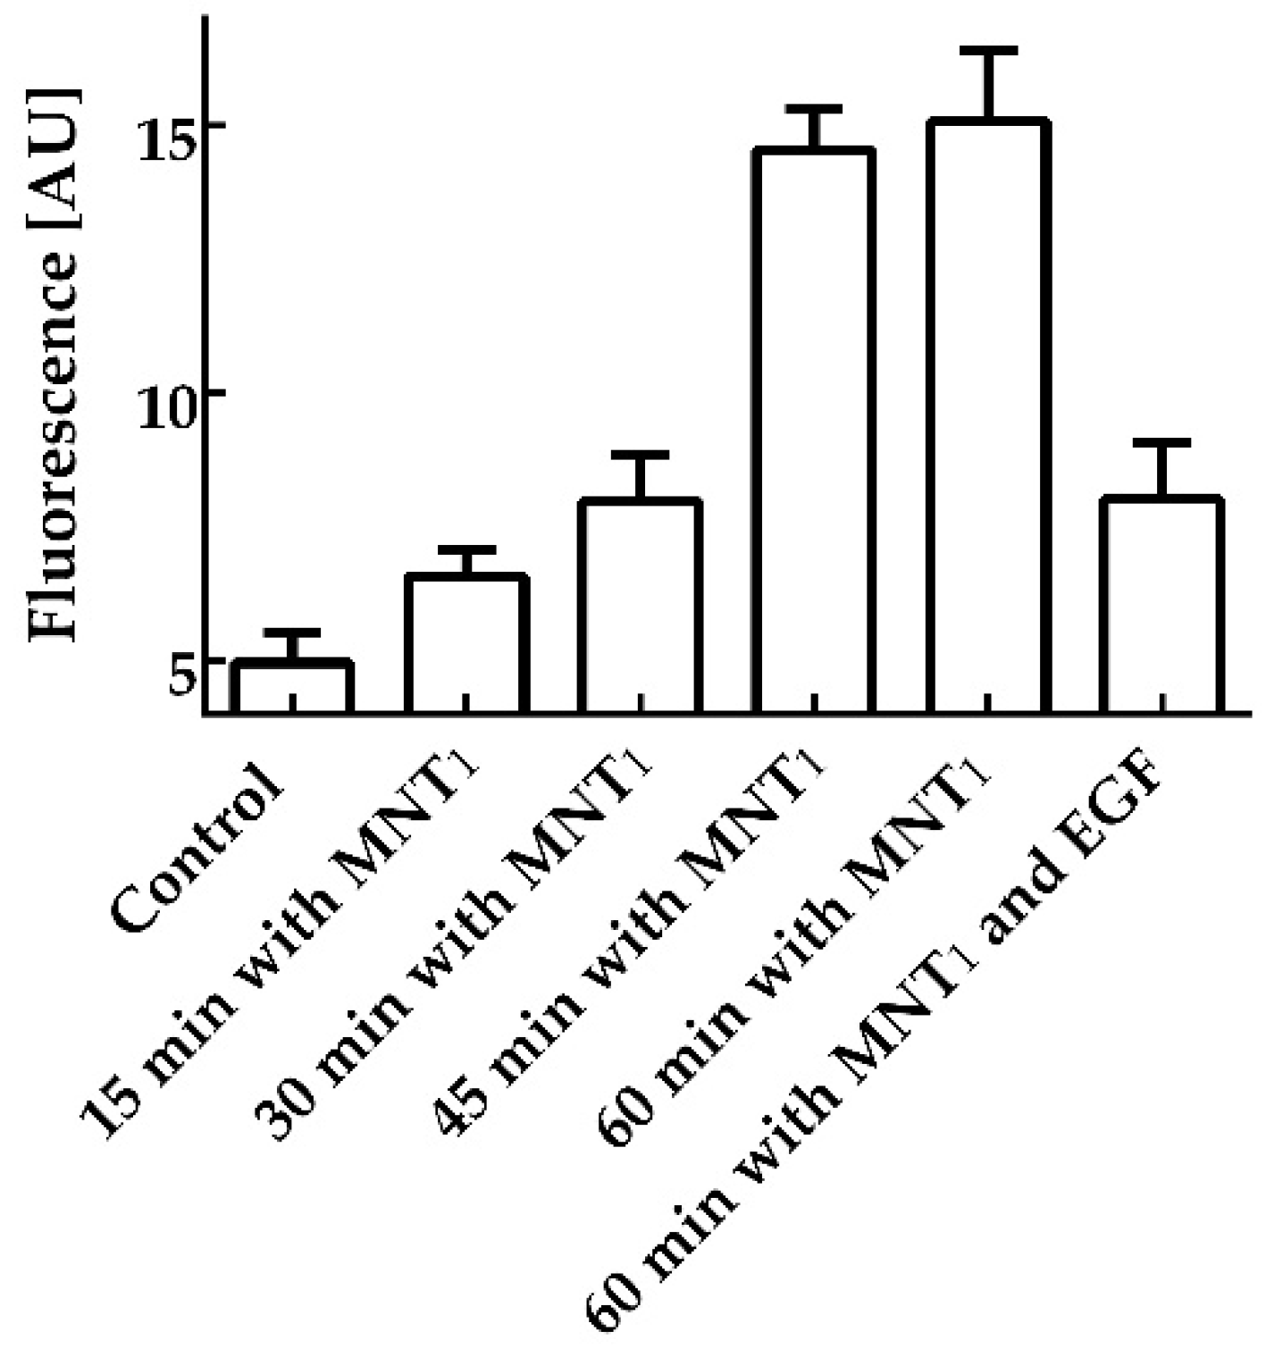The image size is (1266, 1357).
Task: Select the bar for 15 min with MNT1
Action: tap(466, 643)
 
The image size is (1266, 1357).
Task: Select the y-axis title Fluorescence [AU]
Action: tap(55, 366)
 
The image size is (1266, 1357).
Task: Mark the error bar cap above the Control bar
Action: tap(292, 632)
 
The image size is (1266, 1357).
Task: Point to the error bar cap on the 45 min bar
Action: tap(813, 109)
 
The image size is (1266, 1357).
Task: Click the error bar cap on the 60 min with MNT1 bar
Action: tap(987, 50)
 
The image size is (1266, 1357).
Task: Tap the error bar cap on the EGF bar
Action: tap(1161, 443)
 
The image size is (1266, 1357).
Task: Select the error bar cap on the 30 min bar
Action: tap(640, 456)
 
